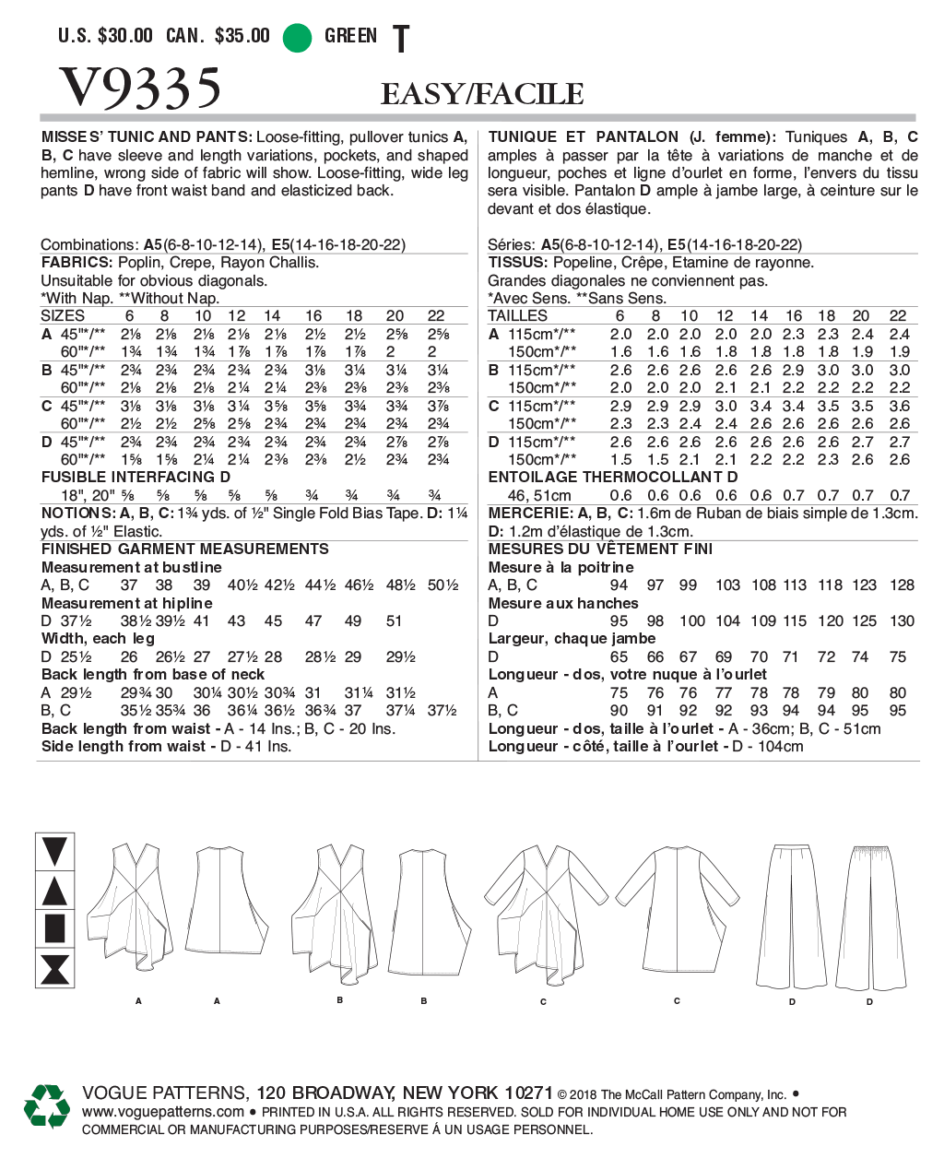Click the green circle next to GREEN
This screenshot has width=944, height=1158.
pyautogui.click(x=297, y=37)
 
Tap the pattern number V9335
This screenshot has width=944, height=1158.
pyautogui.click(x=140, y=89)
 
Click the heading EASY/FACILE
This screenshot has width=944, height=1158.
pyautogui.click(x=482, y=94)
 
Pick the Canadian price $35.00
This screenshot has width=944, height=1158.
pyautogui.click(x=242, y=36)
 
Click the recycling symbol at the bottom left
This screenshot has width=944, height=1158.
pyautogui.click(x=47, y=1106)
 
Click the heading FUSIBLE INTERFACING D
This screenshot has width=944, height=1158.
pyautogui.click(x=136, y=478)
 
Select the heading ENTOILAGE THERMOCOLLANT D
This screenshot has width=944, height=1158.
pyautogui.click(x=613, y=478)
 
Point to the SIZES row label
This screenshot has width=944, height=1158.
pyautogui.click(x=63, y=315)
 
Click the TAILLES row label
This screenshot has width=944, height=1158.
pyautogui.click(x=517, y=315)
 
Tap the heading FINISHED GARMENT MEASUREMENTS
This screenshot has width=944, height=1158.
pyautogui.click(x=184, y=549)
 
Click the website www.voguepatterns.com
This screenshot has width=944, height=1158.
pyautogui.click(x=163, y=1112)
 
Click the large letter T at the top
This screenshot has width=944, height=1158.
pyautogui.click(x=401, y=40)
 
